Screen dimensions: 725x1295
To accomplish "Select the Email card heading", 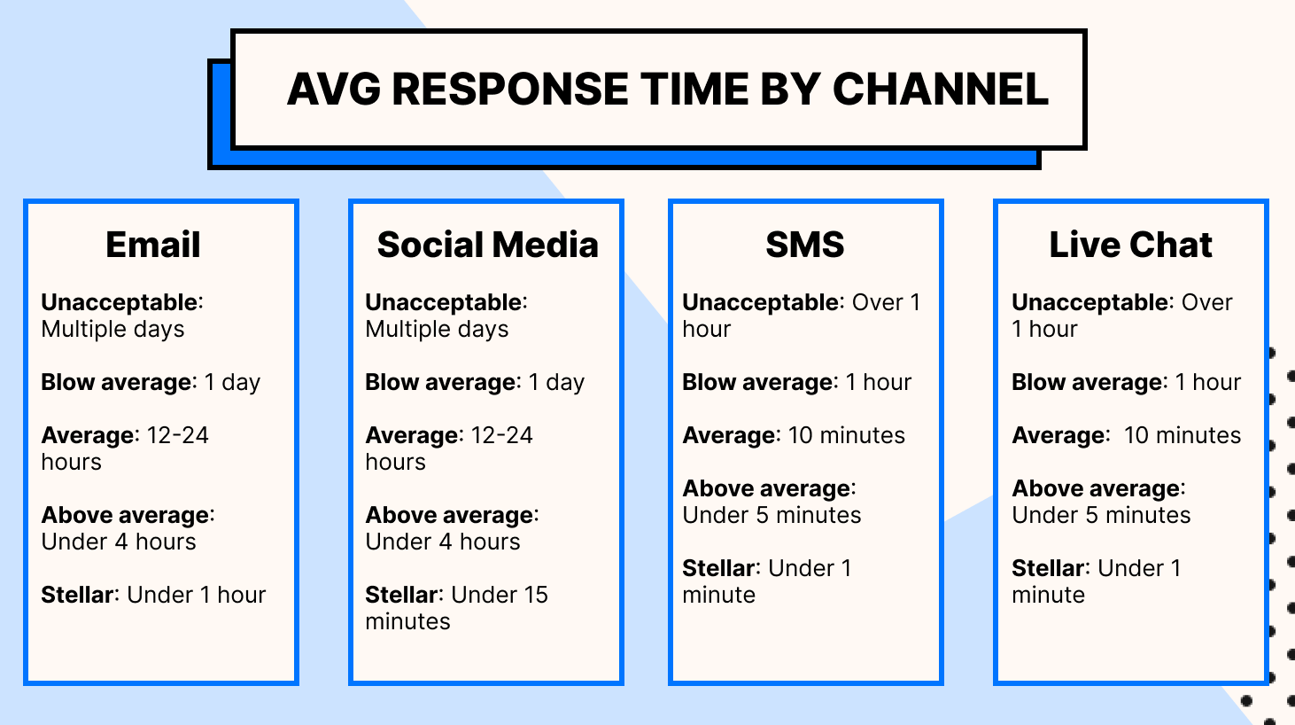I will tap(153, 245).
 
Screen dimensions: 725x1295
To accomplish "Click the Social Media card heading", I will tap(487, 245).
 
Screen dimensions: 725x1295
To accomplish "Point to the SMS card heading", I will tap(804, 245).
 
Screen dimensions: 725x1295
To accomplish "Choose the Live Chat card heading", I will tap(1130, 245).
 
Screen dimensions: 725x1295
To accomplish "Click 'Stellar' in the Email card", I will tap(78, 595).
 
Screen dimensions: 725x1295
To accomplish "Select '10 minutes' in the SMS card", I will tap(846, 435).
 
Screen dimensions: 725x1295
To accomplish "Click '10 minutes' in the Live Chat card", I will tap(1182, 435).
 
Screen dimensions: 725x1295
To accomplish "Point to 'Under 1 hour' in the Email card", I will tap(197, 595).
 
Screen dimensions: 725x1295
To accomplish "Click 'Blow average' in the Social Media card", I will tap(442, 382).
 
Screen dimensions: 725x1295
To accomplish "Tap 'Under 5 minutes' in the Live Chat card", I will tap(1101, 515).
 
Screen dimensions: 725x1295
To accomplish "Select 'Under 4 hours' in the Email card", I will tap(119, 542).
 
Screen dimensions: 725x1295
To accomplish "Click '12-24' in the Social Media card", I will tap(501, 435).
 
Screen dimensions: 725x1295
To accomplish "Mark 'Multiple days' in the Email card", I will tap(112, 329).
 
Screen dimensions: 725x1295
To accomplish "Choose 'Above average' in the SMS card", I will tap(766, 488).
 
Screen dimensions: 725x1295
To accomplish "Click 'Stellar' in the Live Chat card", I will tap(1048, 568).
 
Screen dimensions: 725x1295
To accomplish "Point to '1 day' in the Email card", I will tap(232, 382).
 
